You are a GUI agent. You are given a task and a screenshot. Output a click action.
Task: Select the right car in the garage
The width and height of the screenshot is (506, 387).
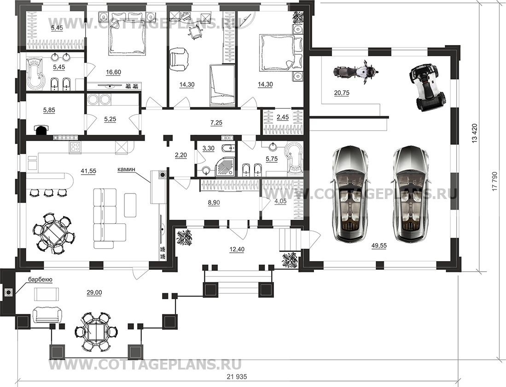(x=411, y=193)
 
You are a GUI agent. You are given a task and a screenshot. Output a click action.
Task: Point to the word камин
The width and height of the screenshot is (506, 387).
(x=126, y=169)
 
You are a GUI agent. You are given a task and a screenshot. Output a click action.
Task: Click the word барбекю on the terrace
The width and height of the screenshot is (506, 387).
(x=40, y=279)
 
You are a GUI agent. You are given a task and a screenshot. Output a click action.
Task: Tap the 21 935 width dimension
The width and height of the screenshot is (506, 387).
(x=238, y=376)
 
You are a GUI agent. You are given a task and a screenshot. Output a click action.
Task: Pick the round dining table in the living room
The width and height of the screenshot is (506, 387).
(x=52, y=232)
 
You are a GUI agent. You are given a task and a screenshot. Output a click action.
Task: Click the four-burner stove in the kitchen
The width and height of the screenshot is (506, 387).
(x=75, y=148)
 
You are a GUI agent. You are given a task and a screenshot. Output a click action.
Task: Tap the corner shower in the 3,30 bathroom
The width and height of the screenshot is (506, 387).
(x=226, y=166)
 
